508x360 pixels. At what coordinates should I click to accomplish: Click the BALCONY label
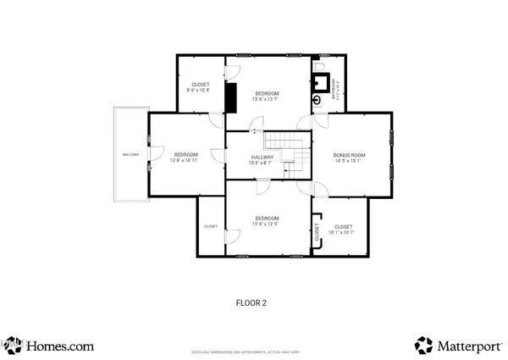point(130,154)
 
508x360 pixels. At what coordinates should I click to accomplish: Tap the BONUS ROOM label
point(350,155)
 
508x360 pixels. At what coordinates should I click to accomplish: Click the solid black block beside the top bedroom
point(230,97)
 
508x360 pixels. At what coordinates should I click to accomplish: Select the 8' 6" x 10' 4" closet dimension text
point(201,90)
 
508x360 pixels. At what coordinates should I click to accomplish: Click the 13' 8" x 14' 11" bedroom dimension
point(185,160)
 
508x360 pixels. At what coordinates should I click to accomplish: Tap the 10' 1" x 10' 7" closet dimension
point(343,232)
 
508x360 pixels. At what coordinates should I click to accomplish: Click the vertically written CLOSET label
point(317,238)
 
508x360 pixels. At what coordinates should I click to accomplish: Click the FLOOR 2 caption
point(251,302)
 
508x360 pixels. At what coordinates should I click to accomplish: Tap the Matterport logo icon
point(423,345)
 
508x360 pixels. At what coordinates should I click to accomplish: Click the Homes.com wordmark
point(59,346)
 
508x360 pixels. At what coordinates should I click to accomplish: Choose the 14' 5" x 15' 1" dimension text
point(350,161)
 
